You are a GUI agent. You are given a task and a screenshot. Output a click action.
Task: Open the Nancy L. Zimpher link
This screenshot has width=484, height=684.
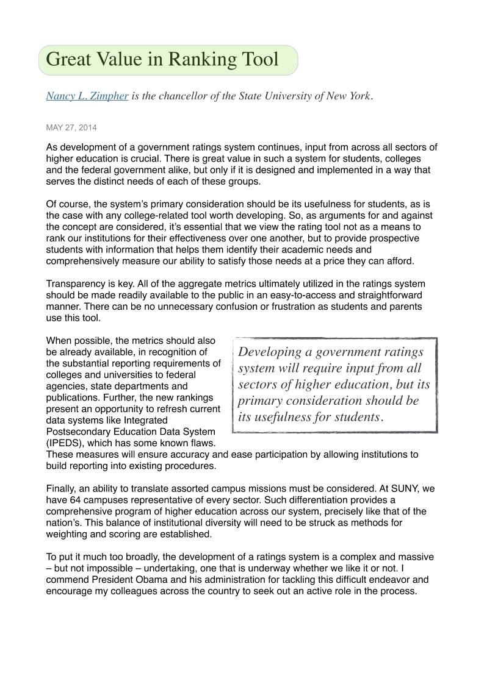87,96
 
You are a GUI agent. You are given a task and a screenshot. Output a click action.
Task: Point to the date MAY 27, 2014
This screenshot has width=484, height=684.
71,127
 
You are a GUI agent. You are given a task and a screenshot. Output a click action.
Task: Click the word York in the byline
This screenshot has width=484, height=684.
356,96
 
